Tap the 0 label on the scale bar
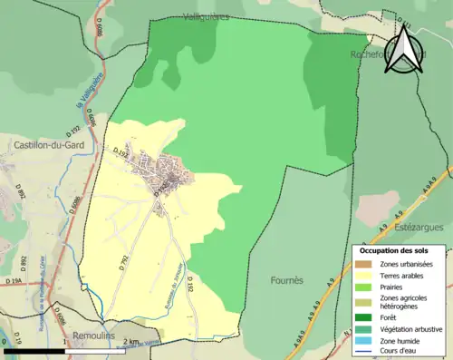point(6,341)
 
